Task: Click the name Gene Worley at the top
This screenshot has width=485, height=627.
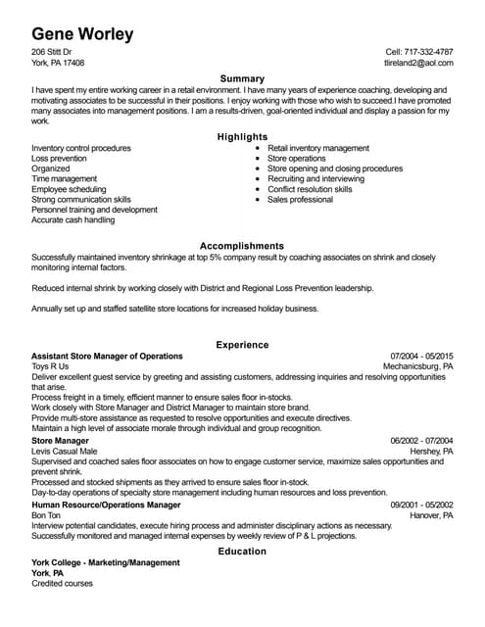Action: point(82,33)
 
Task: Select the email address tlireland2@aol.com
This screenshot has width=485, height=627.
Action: point(418,62)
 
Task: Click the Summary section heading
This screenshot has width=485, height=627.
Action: point(242,77)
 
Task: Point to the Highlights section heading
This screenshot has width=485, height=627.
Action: point(242,136)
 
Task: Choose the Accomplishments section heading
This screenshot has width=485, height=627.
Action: point(242,245)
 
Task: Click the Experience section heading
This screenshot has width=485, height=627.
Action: point(242,344)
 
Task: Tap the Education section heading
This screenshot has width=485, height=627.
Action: point(242,551)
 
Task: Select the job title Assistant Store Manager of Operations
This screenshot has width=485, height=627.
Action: point(107,356)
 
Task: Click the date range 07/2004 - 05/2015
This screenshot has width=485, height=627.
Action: point(421,356)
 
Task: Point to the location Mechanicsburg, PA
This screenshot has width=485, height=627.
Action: point(417,366)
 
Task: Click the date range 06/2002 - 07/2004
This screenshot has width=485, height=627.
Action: point(421,441)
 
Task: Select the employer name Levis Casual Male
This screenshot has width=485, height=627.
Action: point(65,451)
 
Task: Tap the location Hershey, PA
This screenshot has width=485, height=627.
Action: point(431,451)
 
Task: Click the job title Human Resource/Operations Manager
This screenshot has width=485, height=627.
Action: point(106,504)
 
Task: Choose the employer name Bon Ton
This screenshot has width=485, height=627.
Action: point(46,514)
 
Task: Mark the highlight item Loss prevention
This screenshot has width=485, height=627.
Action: point(59,158)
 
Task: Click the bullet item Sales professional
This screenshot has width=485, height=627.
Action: point(300,199)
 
